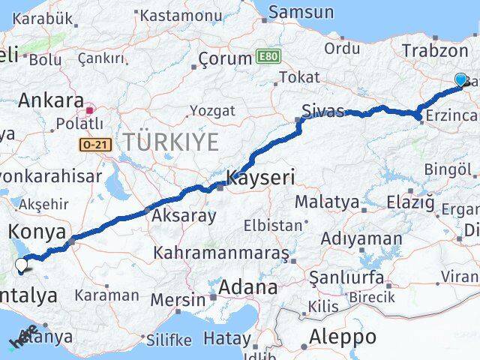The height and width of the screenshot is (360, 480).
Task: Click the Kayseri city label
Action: coord(262,178)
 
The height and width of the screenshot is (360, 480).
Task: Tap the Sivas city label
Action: coord(322,111)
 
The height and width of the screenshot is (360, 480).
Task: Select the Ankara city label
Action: coord(50,100)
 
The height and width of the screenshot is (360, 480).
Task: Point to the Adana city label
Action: coord(247,286)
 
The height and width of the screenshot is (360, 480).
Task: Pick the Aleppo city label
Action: coord(343,336)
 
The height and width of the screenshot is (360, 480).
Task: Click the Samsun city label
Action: coord(301,12)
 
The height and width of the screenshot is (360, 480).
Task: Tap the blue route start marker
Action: coord(460,79)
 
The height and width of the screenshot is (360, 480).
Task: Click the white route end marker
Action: coord(22,263)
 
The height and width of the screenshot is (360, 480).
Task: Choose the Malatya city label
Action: coord(326,201)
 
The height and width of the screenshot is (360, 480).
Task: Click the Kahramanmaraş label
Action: coord(220,253)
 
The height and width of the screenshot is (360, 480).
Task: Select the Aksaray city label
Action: coord(184,216)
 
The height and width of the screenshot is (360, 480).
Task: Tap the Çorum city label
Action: coord(225,58)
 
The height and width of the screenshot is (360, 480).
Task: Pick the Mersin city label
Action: coord(178,299)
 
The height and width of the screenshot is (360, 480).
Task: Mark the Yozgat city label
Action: coord(212,110)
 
